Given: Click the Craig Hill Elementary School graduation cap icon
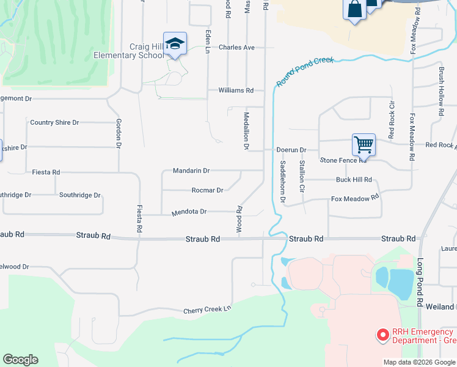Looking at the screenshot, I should point(175,43).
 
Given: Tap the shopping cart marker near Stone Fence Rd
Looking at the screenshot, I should point(364,145).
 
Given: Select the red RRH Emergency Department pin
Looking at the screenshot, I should point(382,335).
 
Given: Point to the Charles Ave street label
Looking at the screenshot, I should point(236,47).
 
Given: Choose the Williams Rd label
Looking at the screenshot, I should point(236,90).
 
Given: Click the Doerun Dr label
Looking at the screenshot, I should point(291,149).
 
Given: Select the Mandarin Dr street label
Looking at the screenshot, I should point(191,171).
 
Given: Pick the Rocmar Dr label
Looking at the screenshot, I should point(207,190).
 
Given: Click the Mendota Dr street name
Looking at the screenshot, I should point(189,212).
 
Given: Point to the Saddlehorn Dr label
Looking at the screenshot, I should point(282,181).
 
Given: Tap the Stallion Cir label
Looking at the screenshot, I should point(302,174).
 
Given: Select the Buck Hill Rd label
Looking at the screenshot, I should point(354,180).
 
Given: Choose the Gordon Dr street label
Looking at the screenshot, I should point(119,133).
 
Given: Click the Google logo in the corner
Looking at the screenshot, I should point(20,360).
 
